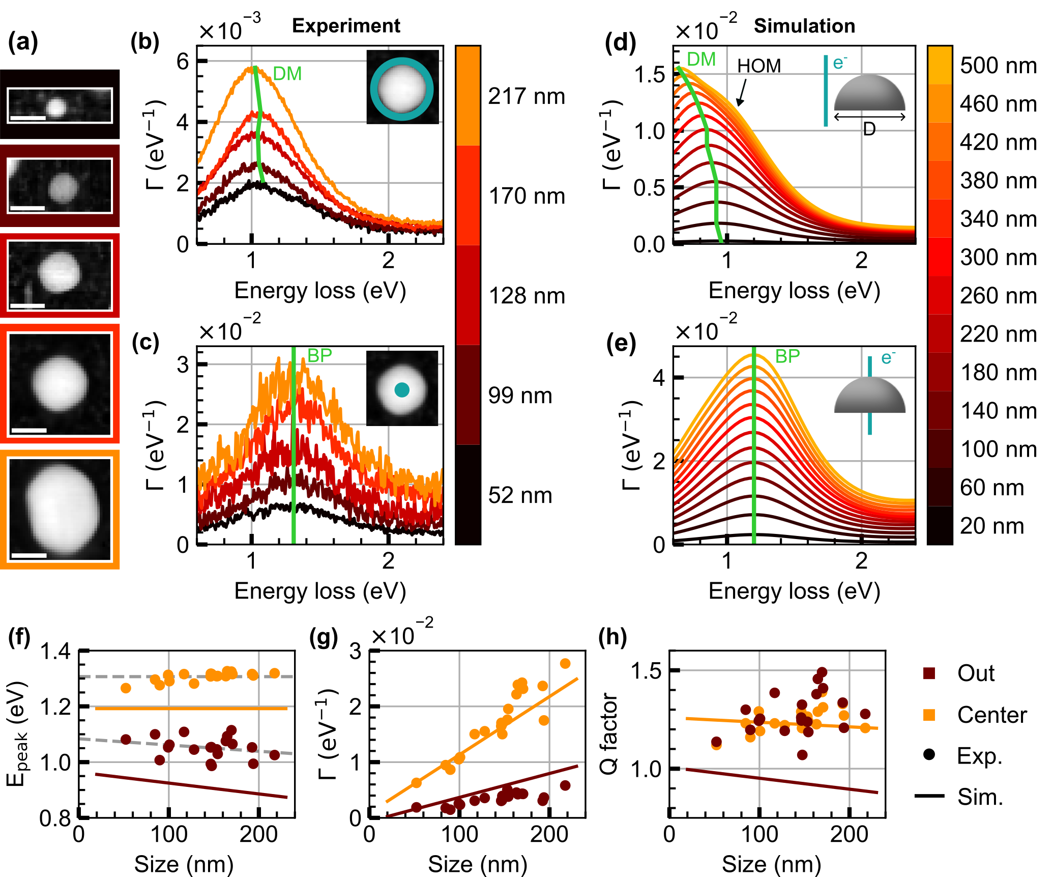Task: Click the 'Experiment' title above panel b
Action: [x=346, y=26]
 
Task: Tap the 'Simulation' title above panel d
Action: [x=804, y=26]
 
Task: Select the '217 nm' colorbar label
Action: [x=526, y=96]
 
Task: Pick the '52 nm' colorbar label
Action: [x=520, y=495]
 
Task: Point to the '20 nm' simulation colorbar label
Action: [x=991, y=526]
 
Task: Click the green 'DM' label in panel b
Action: [x=287, y=74]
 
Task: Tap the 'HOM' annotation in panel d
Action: [x=759, y=66]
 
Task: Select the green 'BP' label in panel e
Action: [x=787, y=356]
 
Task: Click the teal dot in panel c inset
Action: [x=402, y=390]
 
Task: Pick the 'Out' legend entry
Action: [x=976, y=673]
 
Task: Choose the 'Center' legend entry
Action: [x=992, y=715]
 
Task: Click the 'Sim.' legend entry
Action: [x=980, y=797]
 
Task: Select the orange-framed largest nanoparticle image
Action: [x=60, y=510]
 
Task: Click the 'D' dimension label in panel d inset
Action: [x=869, y=130]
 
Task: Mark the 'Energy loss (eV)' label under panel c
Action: [x=320, y=591]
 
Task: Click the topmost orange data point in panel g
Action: [x=565, y=664]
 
